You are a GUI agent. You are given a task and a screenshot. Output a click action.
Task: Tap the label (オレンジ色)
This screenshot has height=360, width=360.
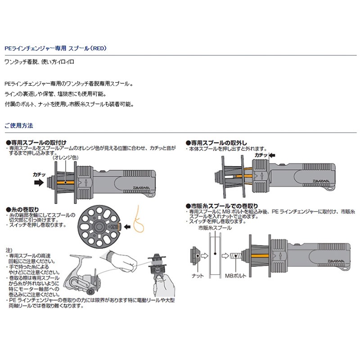(65, 158)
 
